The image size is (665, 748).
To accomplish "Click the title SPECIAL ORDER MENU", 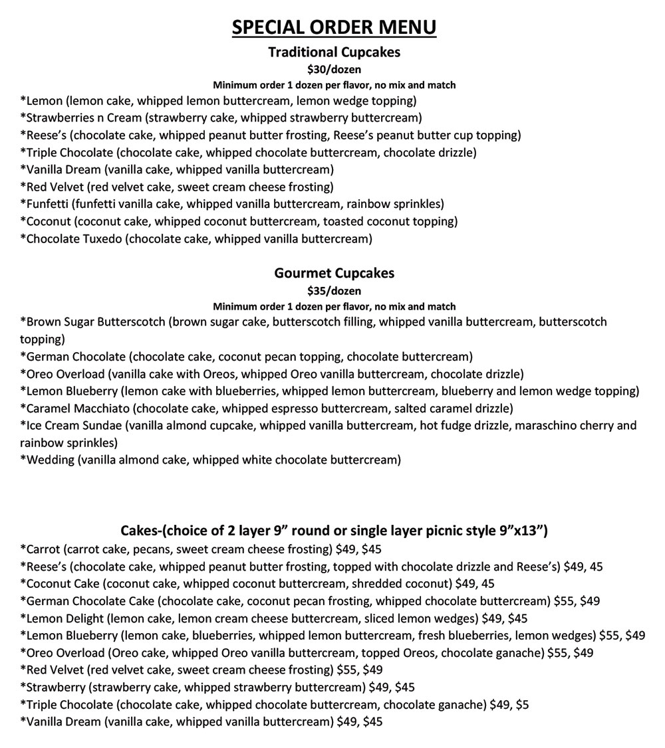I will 334,27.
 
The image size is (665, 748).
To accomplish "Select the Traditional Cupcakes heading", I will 334,52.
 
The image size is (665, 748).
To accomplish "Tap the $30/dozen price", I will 334,69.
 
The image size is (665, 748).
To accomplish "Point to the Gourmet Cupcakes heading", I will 334,273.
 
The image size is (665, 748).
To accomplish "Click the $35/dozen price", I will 334,290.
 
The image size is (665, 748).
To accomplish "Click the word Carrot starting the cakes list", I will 43,549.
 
